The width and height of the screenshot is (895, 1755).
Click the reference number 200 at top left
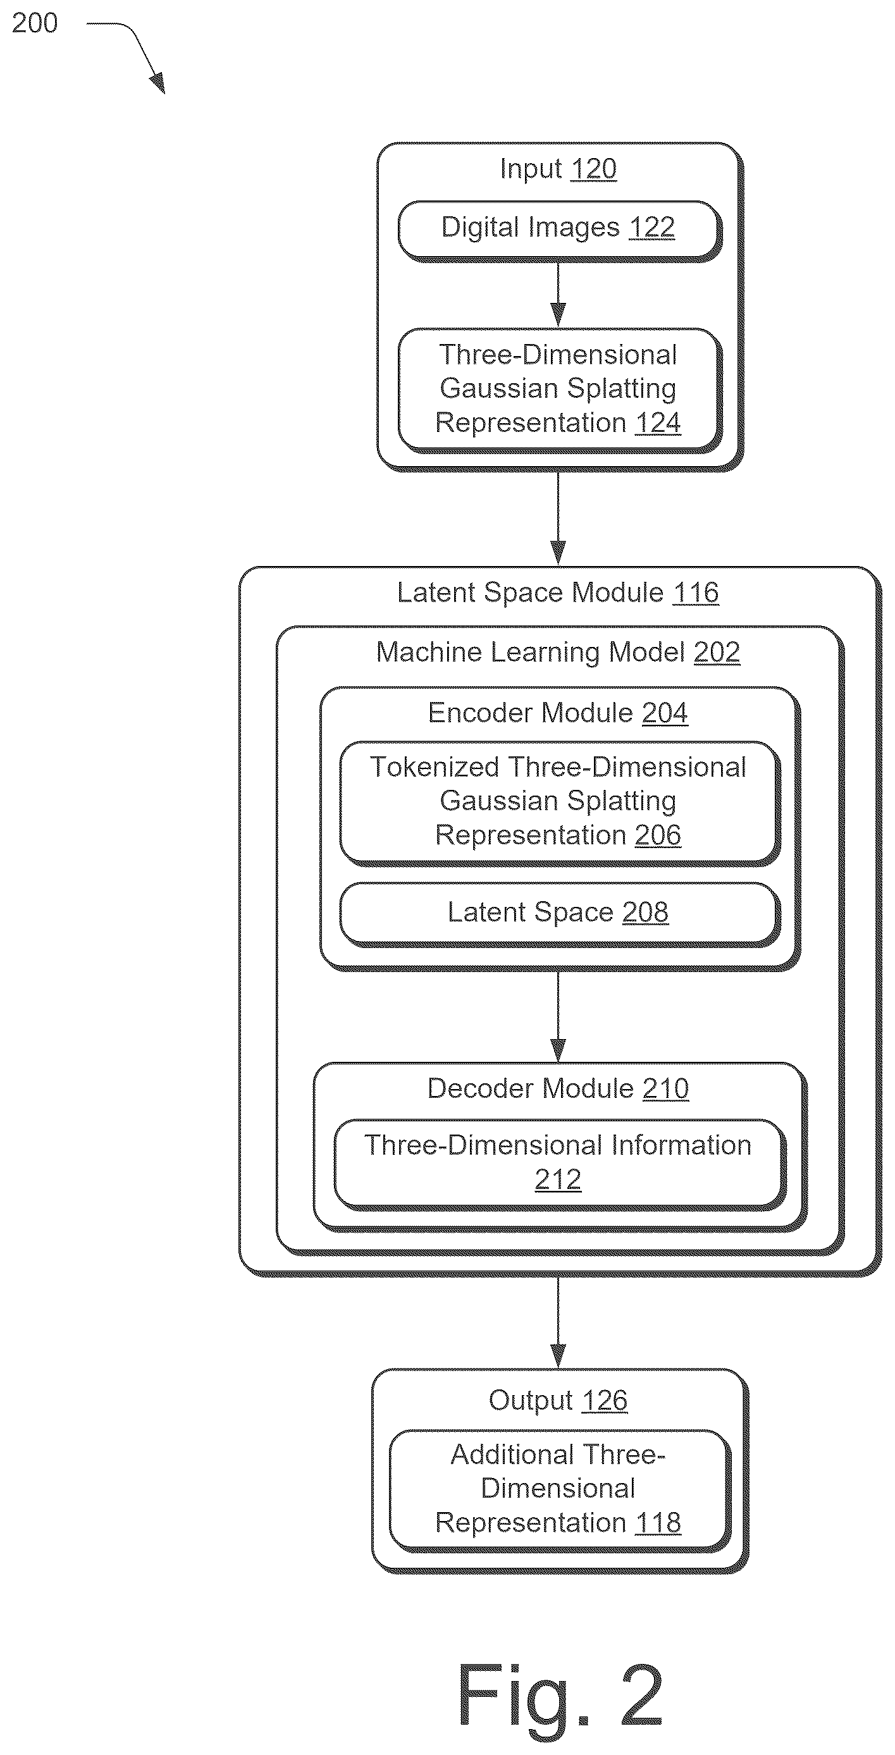point(35,23)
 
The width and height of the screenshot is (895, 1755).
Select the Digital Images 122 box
point(559,230)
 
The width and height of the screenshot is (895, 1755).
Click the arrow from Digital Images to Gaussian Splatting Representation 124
point(558,293)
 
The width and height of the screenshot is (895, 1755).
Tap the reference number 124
point(657,423)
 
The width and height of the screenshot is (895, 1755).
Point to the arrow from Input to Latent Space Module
point(558,518)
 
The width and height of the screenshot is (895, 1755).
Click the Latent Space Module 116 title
point(558,593)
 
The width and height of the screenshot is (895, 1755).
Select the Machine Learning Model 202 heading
point(558,653)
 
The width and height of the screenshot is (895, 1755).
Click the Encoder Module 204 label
point(558,713)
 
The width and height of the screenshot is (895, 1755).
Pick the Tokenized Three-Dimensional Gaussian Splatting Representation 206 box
point(559,803)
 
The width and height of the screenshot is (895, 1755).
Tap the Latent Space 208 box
point(559,914)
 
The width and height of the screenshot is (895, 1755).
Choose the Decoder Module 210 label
point(558,1088)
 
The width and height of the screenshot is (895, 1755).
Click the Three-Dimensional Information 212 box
point(559,1164)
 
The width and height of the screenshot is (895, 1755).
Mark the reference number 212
point(558,1179)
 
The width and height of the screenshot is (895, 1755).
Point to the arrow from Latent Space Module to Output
point(558,1322)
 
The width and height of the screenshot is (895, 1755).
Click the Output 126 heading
point(558,1401)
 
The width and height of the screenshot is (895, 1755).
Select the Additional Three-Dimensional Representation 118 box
point(559,1489)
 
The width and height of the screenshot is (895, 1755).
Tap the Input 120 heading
point(558,169)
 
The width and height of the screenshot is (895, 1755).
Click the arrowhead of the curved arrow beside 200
point(158,83)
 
